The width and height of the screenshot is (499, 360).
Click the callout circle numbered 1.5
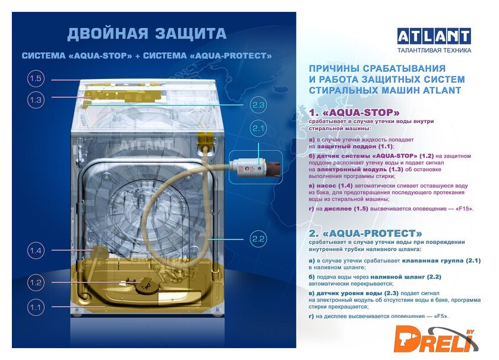(36, 78)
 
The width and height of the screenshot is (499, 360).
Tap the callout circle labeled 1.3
(36, 100)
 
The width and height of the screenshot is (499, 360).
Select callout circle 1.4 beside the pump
(36, 251)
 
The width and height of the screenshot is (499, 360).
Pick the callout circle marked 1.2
(36, 282)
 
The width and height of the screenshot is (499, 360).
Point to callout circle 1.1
(36, 308)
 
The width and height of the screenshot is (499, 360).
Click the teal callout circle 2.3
(258, 105)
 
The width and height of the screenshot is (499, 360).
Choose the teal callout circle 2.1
(258, 128)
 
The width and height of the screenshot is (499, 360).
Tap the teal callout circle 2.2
(258, 239)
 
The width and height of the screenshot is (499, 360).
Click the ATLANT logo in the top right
(434, 36)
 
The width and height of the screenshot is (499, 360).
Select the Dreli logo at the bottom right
(435, 340)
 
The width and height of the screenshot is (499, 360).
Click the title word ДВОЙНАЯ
(108, 34)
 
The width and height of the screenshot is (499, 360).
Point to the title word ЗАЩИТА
(191, 34)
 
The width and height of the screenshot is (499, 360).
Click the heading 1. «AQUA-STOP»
(354, 113)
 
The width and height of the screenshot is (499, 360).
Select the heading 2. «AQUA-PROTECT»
(365, 233)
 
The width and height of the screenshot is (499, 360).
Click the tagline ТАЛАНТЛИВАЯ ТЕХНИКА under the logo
(434, 50)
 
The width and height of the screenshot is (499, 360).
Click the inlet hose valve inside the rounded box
(257, 167)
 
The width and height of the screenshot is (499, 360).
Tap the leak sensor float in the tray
(146, 284)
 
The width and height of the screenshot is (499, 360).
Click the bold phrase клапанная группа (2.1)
(441, 260)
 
